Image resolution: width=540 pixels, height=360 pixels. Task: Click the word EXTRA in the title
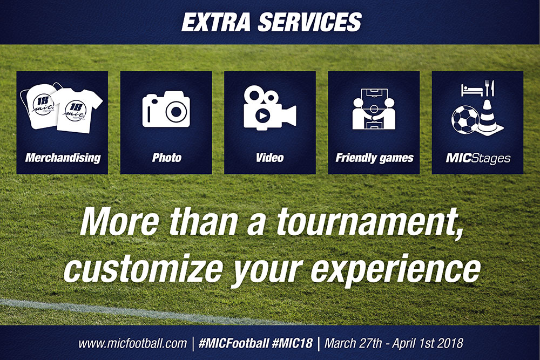click(x=216, y=22)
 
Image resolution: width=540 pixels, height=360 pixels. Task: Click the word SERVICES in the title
click(x=309, y=22)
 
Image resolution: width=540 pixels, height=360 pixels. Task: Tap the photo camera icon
click(x=166, y=109)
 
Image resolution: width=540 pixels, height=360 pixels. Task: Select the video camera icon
click(x=269, y=108)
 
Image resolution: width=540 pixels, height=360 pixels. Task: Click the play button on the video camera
click(x=263, y=116)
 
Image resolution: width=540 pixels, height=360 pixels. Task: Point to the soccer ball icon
click(x=465, y=119)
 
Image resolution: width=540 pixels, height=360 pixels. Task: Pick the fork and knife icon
click(x=490, y=88)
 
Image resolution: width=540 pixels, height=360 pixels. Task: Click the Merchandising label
click(x=63, y=158)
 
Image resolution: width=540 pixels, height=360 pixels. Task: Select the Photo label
click(x=167, y=158)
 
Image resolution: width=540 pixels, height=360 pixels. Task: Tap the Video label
click(x=269, y=158)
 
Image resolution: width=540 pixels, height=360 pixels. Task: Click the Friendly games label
click(x=374, y=158)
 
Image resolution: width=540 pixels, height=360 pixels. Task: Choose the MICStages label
click(x=478, y=158)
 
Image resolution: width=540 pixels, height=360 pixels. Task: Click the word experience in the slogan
click(x=396, y=270)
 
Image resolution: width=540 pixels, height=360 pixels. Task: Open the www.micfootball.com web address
click(x=133, y=343)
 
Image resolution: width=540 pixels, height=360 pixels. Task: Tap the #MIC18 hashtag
click(x=292, y=343)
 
